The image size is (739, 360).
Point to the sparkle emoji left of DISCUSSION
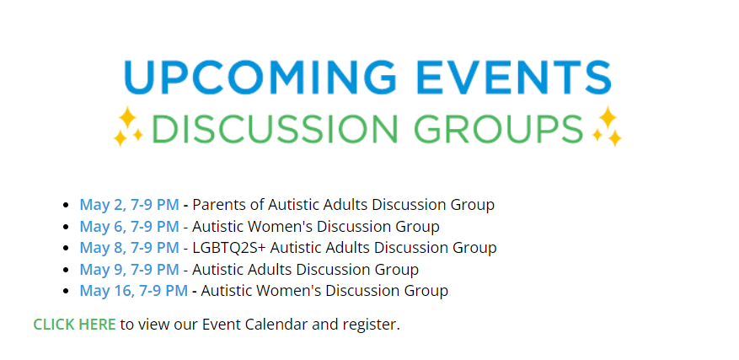pyautogui.click(x=128, y=126)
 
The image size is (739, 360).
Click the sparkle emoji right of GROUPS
pyautogui.click(x=607, y=126)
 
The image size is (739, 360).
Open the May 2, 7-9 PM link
pyautogui.click(x=129, y=205)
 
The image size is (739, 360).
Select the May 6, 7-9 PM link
pyautogui.click(x=129, y=227)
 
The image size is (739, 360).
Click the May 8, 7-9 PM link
pyautogui.click(x=129, y=248)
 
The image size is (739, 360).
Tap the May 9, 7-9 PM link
pyautogui.click(x=129, y=270)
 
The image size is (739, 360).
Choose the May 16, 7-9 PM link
pyautogui.click(x=133, y=291)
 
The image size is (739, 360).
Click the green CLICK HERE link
pyautogui.click(x=74, y=325)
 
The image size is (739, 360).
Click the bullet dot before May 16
pyautogui.click(x=66, y=291)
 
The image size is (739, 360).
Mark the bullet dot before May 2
pyautogui.click(x=66, y=206)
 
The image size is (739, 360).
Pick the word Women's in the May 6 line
pyautogui.click(x=283, y=227)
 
